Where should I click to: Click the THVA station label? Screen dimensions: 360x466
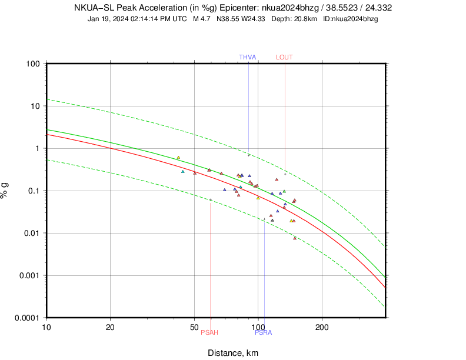247,57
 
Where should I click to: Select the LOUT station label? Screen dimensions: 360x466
284,57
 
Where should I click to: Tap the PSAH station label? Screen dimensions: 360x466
209,333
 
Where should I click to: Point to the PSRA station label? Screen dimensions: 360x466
263,333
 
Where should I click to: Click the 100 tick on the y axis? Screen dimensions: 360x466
32,64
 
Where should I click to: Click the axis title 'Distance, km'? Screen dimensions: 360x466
233,353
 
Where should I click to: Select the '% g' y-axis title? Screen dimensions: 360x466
5,191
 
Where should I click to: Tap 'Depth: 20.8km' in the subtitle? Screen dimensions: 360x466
294,19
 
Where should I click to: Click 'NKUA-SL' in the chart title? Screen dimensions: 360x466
96,8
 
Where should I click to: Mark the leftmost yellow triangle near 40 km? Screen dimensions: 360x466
178,158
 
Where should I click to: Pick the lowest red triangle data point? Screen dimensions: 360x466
295,238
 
